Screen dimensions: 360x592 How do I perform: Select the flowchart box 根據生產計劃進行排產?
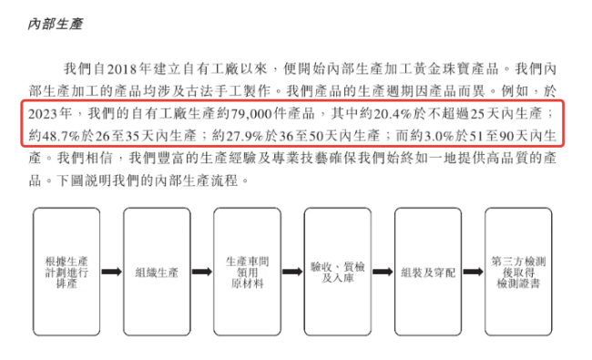pos(66,272)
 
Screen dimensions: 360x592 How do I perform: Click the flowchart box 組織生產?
pos(157,272)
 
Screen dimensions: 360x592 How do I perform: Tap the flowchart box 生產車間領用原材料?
pos(247,272)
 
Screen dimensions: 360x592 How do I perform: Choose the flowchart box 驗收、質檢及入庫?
pos(337,272)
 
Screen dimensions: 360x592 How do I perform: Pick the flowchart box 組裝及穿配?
pos(428,272)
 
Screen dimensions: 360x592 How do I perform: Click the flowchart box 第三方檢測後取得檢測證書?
pos(518,272)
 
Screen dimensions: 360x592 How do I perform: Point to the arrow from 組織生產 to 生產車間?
pos(202,272)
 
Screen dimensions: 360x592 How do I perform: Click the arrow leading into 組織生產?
pos(112,272)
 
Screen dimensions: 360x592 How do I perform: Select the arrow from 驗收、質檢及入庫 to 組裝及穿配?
pos(383,272)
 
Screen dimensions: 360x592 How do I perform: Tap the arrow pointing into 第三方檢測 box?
pos(474,272)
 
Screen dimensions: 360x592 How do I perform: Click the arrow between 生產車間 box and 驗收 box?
pos(292,272)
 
